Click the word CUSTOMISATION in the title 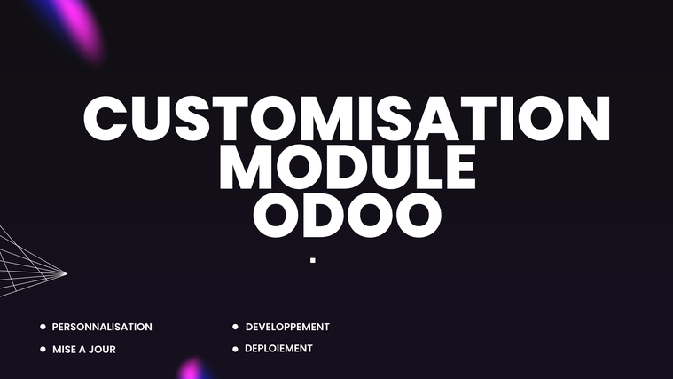point(347,118)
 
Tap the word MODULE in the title point(348,167)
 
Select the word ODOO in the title point(347,215)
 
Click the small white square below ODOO point(313,260)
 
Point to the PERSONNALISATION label point(102,327)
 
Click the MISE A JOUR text point(84,350)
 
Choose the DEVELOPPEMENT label point(287,327)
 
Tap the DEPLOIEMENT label point(278,349)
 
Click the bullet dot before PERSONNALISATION point(43,327)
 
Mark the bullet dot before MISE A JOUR point(43,350)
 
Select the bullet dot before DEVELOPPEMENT point(235,327)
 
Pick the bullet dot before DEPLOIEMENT point(235,349)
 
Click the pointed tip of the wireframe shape point(67,272)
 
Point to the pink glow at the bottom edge point(194,368)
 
